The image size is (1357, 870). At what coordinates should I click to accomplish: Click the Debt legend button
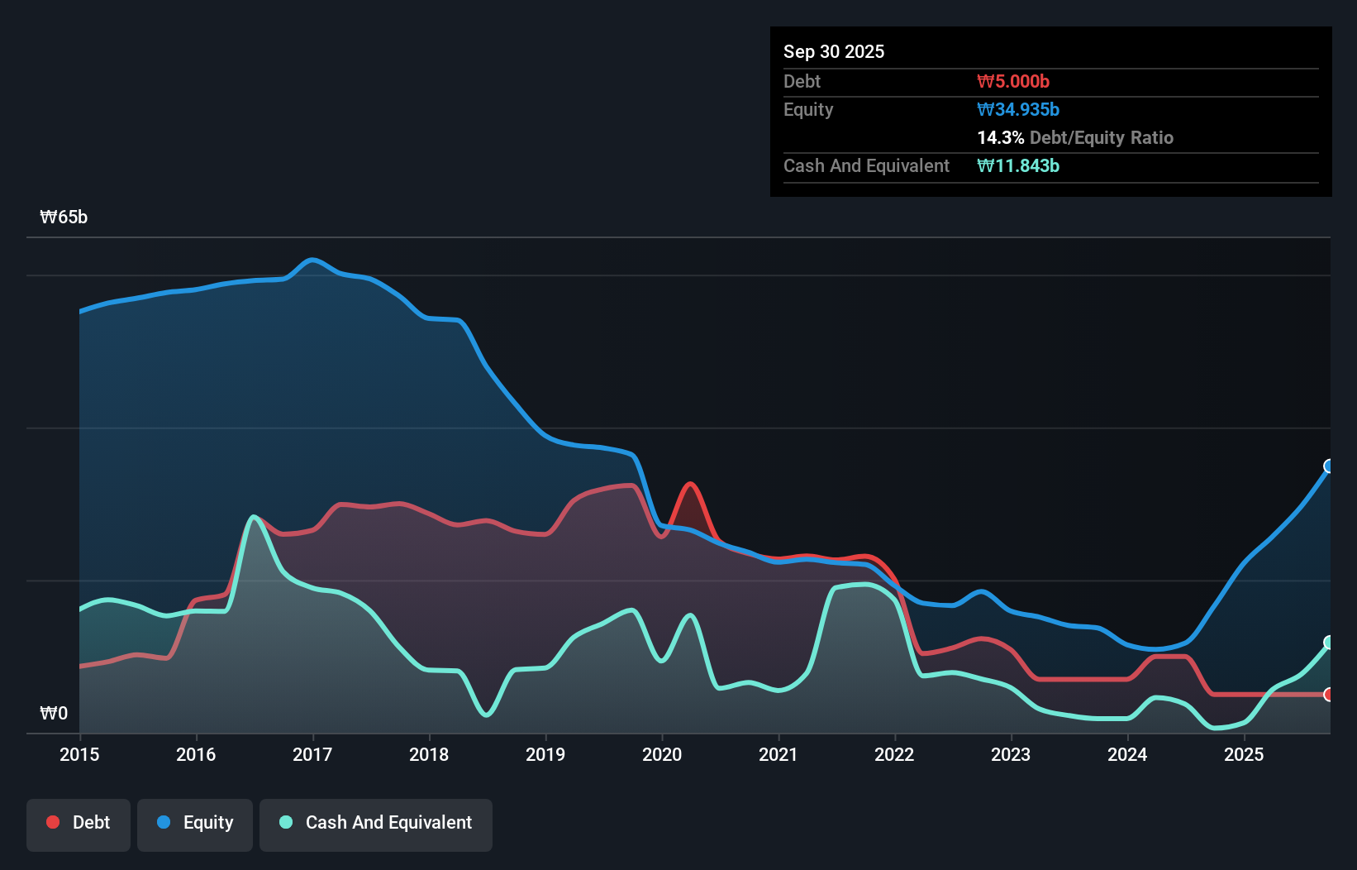point(79,823)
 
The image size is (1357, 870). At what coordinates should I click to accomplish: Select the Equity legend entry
point(195,823)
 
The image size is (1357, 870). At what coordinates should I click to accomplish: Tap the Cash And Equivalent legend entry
point(376,823)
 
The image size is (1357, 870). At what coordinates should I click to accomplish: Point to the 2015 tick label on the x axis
point(79,754)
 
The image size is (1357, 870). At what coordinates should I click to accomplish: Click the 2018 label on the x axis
point(429,754)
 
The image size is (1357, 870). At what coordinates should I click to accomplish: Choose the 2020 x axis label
point(662,754)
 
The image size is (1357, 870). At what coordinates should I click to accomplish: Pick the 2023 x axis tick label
point(1011,754)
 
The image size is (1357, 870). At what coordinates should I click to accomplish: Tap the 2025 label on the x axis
point(1244,754)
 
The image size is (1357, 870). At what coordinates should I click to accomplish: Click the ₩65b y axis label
point(64,217)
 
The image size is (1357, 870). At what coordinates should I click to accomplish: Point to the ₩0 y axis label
point(54,713)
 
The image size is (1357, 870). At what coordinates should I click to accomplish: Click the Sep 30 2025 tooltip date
point(834,51)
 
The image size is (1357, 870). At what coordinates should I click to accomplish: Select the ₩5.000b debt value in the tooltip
point(1013,81)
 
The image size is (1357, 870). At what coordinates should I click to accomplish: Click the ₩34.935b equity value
point(1018,109)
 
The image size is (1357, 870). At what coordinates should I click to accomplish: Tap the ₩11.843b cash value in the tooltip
point(1018,165)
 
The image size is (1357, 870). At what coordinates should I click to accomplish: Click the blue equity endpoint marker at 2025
point(1329,466)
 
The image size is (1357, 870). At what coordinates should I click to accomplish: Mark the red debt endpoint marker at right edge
point(1329,695)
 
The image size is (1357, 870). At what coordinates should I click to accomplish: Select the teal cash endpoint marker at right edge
point(1329,643)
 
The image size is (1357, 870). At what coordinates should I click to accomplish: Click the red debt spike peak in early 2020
point(690,485)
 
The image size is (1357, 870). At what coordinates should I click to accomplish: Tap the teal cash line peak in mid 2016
point(253,517)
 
